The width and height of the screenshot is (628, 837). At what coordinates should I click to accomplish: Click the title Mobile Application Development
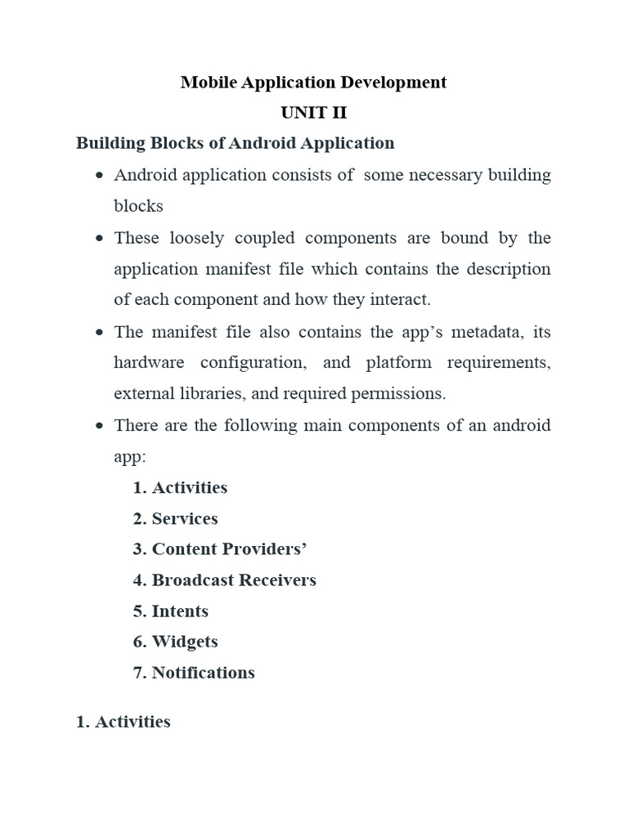pos(313,82)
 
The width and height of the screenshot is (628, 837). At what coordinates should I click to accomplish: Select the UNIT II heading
pos(313,113)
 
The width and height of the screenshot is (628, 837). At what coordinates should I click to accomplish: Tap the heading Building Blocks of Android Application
pos(235,143)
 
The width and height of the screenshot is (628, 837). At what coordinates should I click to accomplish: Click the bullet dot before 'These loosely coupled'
pos(99,239)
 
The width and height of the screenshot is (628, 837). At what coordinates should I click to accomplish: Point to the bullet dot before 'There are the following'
pos(99,427)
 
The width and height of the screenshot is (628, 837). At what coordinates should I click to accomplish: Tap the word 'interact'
pos(401,299)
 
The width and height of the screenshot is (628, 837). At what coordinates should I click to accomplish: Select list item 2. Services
pos(176,518)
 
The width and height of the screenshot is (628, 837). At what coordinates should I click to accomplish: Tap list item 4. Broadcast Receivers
pos(225,580)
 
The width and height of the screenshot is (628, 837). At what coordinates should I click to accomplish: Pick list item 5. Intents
pos(171,611)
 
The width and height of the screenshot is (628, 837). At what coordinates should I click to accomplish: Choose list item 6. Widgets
pos(176,642)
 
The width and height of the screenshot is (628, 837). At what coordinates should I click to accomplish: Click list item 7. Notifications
pos(194,673)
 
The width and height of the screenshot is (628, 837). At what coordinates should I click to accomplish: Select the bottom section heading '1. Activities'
pos(123,722)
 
